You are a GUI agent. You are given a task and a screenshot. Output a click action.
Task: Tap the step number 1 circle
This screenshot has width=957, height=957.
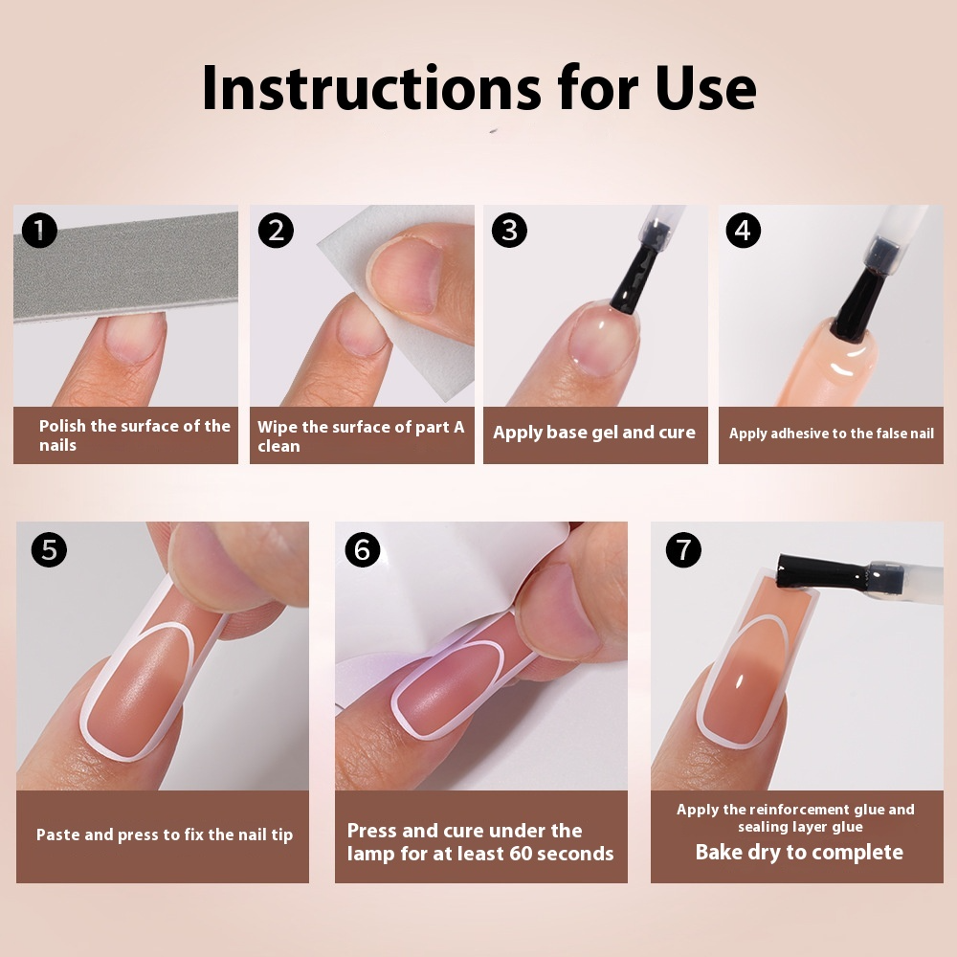tap(39, 231)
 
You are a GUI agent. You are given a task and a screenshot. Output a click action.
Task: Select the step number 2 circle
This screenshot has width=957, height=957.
tap(276, 231)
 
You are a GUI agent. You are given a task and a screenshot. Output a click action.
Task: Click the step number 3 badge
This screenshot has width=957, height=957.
tap(509, 231)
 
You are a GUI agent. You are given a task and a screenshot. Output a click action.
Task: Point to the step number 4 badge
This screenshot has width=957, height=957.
tap(744, 231)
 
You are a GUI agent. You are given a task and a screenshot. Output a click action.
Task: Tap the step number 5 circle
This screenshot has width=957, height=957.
tap(49, 550)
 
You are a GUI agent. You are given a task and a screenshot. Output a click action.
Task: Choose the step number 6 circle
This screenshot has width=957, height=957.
tap(363, 550)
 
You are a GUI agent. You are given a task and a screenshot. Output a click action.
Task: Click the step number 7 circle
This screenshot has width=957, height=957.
tap(682, 550)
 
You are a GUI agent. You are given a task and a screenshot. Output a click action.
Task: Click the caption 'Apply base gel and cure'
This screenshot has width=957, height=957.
tap(594, 433)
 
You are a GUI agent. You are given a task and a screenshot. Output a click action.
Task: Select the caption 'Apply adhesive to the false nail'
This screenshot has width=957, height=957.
tap(831, 434)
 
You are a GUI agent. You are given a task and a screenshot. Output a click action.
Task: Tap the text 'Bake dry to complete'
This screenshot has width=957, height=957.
tap(799, 852)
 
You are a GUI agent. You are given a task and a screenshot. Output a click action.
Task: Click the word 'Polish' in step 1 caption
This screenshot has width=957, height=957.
tap(62, 426)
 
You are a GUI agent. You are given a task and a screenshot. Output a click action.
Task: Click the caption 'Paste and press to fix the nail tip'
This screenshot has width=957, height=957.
tap(165, 835)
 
